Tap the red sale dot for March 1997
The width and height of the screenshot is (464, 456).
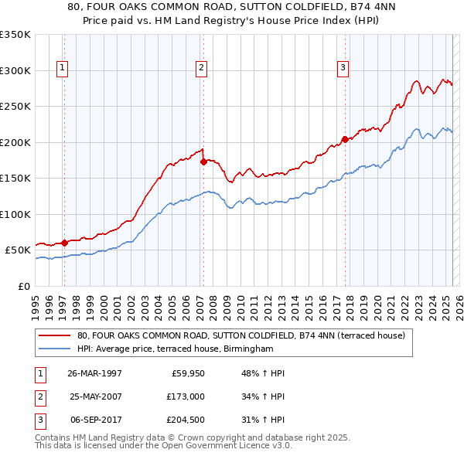pos(65,243)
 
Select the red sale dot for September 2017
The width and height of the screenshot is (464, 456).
pos(345,139)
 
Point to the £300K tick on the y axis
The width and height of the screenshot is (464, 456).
pos(15,70)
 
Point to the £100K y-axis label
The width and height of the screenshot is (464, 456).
pos(15,214)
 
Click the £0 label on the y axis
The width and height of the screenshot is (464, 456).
pos(23,286)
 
